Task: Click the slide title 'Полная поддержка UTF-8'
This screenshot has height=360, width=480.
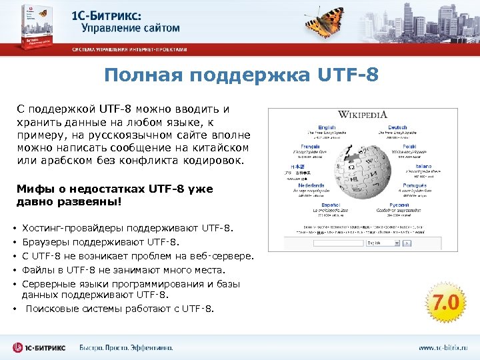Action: (241, 75)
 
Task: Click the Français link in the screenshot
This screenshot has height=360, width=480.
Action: (310, 146)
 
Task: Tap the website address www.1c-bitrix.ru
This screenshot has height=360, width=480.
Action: (443, 348)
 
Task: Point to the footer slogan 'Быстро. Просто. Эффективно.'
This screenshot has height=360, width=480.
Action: (126, 348)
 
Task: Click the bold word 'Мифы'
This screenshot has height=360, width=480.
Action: (32, 189)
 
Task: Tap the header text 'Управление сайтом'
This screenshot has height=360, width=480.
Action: (131, 28)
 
